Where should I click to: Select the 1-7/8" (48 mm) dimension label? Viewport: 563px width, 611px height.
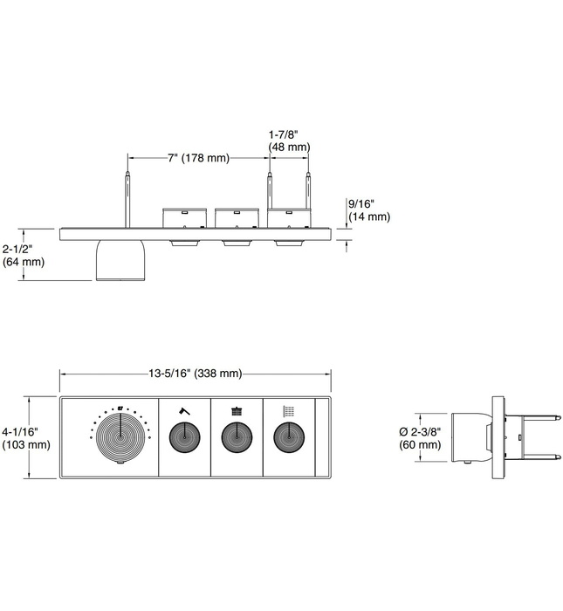(289, 141)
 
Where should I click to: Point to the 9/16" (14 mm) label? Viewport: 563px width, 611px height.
(368, 210)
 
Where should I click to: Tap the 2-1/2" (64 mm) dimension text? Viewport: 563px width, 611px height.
(23, 254)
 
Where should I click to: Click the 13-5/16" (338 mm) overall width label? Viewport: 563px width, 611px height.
(195, 374)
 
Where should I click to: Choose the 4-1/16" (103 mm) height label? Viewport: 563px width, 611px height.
(24, 437)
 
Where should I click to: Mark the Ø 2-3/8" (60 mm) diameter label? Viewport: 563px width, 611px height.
(419, 438)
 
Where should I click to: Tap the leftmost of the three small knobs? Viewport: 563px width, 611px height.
(184, 436)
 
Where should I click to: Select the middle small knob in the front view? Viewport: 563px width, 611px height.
(237, 436)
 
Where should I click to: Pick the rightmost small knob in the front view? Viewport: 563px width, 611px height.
(289, 436)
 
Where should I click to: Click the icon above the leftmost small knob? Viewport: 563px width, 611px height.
(184, 409)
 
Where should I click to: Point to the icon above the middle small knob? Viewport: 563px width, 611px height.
(237, 409)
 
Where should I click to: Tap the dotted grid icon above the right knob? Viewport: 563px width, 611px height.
(289, 409)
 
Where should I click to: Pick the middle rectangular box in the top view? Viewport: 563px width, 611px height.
(237, 217)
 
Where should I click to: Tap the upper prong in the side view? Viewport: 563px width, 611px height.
(532, 418)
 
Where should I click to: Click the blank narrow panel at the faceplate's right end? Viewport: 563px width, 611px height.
(322, 437)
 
